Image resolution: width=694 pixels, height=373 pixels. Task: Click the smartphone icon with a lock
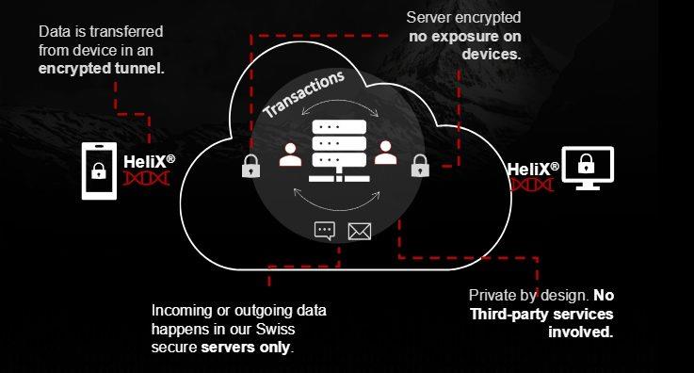click(x=98, y=170)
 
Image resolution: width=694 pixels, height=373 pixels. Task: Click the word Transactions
click(x=304, y=95)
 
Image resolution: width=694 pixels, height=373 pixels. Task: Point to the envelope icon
click(x=360, y=230)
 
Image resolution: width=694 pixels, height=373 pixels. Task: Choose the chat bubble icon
click(x=325, y=230)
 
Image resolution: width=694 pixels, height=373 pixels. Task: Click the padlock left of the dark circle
click(x=250, y=166)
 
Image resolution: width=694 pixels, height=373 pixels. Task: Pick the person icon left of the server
click(x=291, y=154)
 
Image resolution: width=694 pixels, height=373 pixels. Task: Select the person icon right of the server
click(x=384, y=154)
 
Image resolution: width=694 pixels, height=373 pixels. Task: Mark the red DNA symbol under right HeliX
click(x=532, y=185)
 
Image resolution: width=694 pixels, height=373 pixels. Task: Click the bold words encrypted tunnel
click(x=102, y=68)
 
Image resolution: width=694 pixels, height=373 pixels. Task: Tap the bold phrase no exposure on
click(x=465, y=37)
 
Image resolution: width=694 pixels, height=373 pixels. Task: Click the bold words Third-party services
click(x=541, y=314)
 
